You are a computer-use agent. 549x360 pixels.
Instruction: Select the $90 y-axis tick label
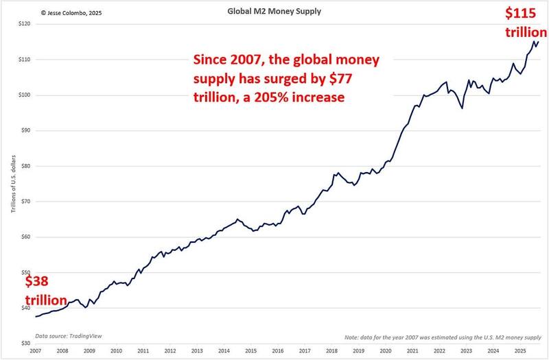[x=24, y=130]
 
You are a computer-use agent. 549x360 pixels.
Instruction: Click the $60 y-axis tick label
[x=24, y=237]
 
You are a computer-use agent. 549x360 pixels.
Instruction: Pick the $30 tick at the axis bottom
[x=24, y=344]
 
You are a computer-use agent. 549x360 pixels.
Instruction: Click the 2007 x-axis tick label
[x=36, y=351]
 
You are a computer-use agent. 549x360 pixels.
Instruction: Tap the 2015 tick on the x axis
[x=250, y=351]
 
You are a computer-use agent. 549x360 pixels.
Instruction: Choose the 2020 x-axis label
[x=385, y=351]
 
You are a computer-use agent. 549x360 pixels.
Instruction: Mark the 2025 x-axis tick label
[x=519, y=351]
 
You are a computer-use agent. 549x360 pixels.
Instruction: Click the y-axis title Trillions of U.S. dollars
[x=12, y=184]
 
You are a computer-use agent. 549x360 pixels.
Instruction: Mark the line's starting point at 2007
[x=36, y=317]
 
